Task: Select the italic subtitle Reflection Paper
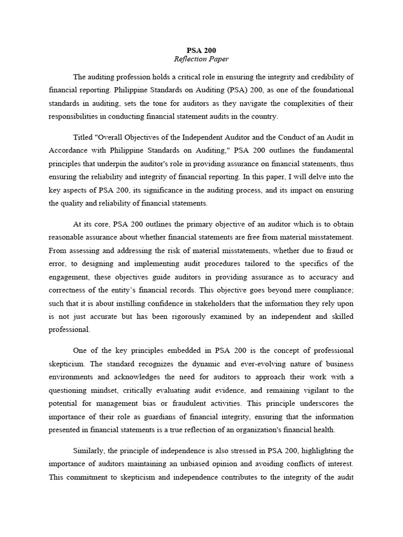(201, 59)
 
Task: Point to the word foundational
(332, 90)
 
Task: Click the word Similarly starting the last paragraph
(91, 451)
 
